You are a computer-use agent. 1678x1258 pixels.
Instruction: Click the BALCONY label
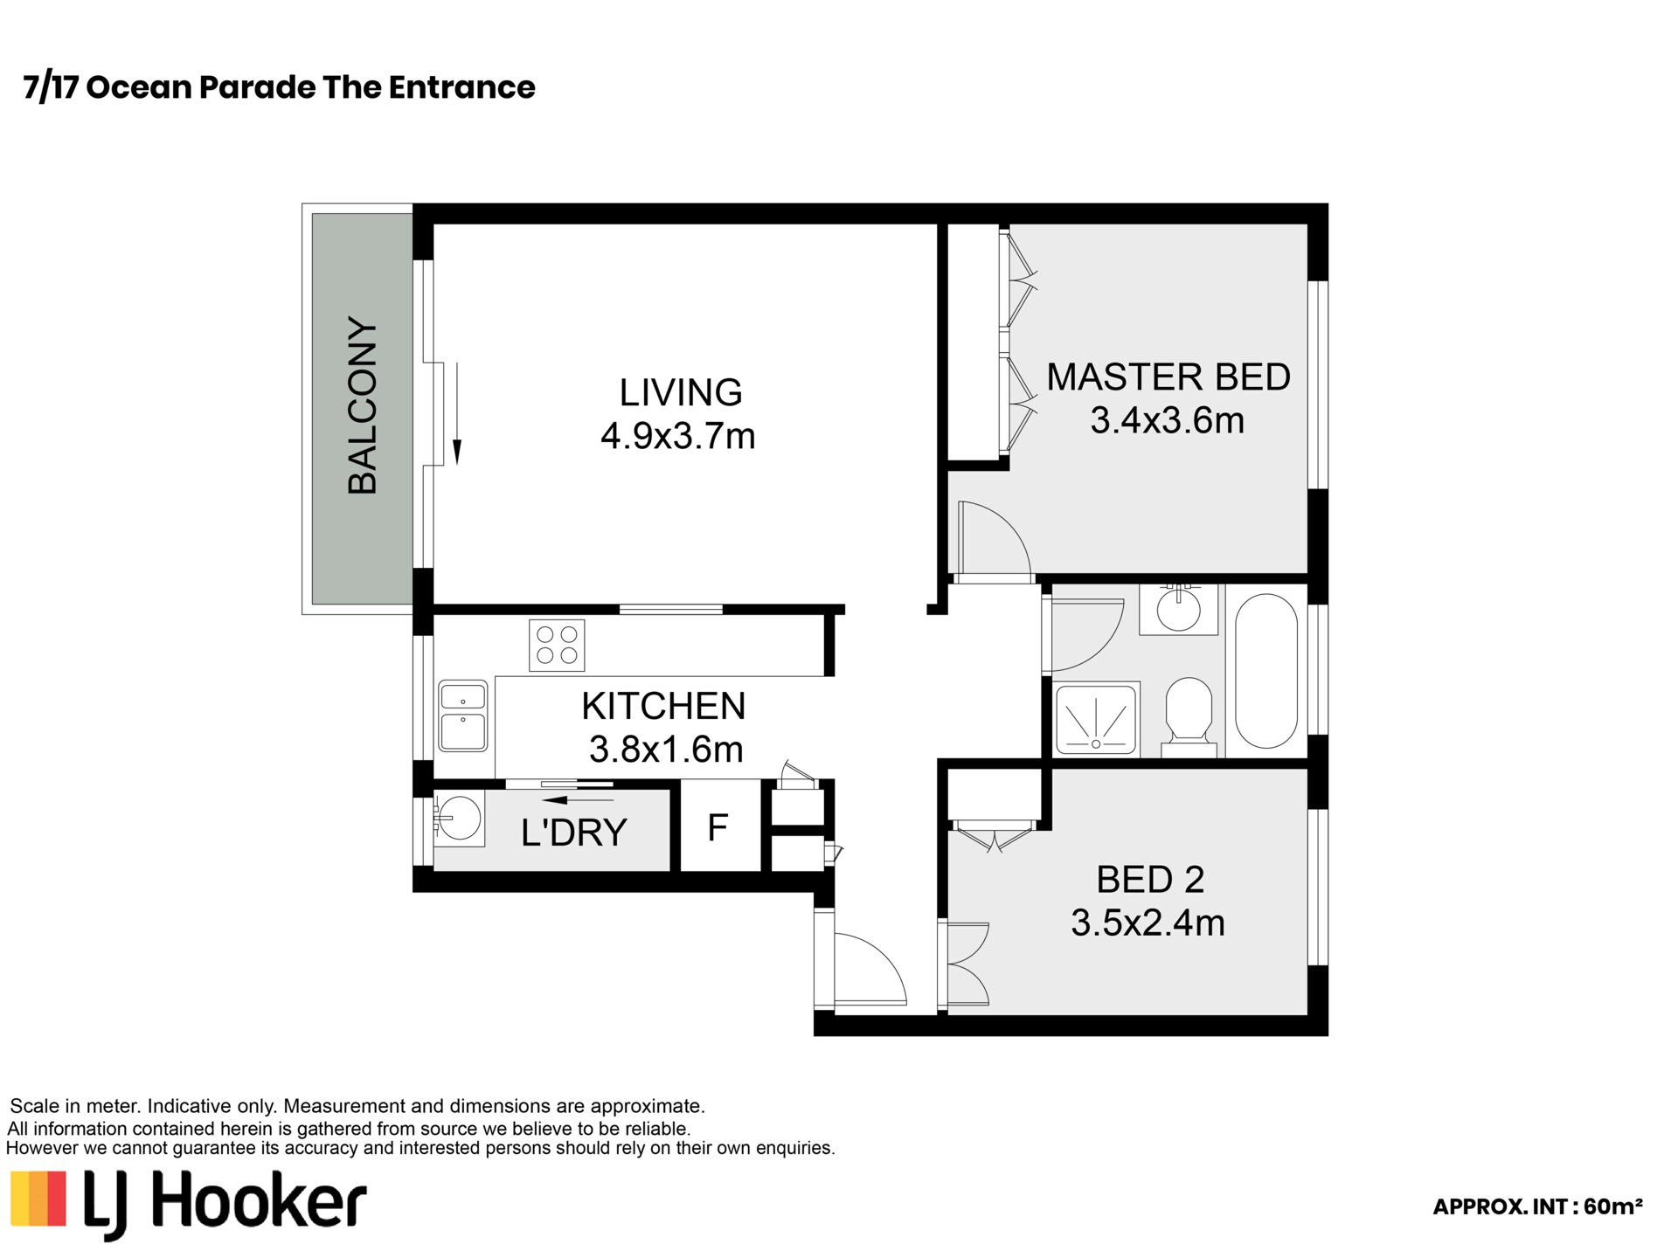[363, 406]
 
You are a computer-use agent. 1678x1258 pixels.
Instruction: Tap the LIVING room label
[681, 392]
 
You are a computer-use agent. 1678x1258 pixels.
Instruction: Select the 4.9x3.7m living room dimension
[677, 435]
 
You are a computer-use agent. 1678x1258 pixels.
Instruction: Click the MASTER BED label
[1168, 377]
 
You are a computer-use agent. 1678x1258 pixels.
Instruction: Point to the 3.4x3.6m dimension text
[1167, 420]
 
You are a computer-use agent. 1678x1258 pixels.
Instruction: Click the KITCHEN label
[663, 706]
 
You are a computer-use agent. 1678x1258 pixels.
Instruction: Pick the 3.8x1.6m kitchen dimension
[666, 749]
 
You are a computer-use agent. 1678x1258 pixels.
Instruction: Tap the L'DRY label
[573, 833]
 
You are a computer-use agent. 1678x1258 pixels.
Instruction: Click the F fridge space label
[718, 827]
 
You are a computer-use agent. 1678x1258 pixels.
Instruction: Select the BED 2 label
[1150, 880]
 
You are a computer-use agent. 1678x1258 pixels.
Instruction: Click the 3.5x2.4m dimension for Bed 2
[1148, 923]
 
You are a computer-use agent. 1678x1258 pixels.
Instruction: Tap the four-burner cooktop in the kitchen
[557, 645]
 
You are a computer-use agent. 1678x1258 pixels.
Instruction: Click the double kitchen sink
[463, 715]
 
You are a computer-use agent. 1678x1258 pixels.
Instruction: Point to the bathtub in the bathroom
[1265, 671]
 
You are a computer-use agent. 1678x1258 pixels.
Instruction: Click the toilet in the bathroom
[1189, 716]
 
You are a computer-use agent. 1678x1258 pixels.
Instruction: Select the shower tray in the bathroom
[1097, 719]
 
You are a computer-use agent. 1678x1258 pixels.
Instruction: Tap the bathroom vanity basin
[1178, 609]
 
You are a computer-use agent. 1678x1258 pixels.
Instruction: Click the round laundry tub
[458, 818]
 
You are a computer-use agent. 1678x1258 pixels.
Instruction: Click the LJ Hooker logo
[188, 1204]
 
